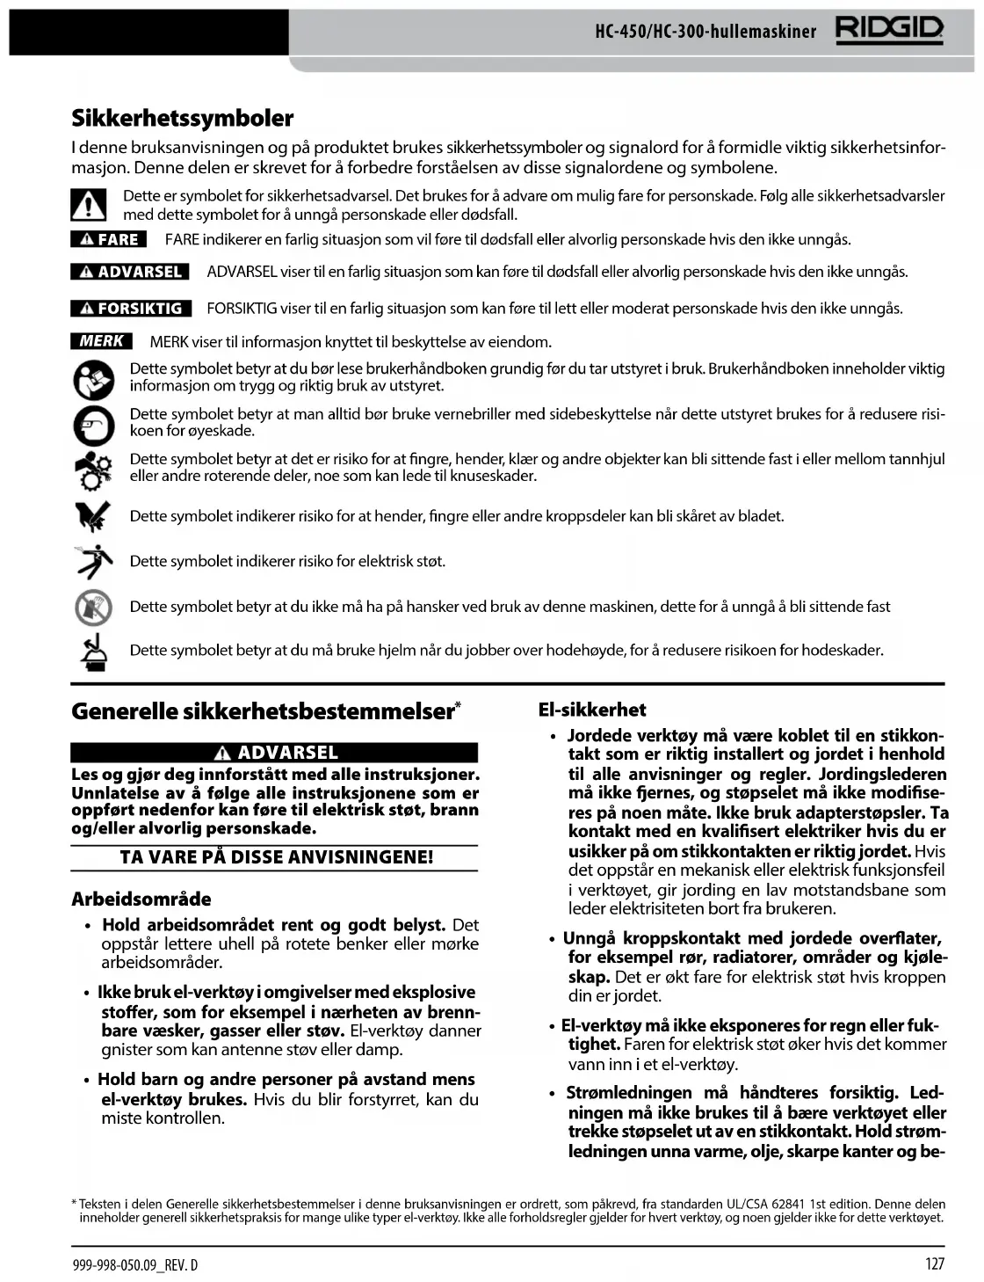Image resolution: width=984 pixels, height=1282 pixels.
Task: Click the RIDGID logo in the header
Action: click(x=889, y=31)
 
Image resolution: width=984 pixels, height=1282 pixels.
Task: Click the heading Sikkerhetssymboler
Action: click(x=183, y=119)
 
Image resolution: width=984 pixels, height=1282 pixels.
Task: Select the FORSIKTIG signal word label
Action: click(x=131, y=309)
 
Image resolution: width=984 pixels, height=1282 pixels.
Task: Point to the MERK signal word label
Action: click(x=101, y=341)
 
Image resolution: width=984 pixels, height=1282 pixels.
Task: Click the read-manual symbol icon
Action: click(x=93, y=380)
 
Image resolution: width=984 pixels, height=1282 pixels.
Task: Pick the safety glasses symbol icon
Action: click(x=93, y=426)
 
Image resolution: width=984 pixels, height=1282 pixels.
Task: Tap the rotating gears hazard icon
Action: click(x=93, y=470)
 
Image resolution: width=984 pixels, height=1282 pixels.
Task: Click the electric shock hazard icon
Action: click(x=94, y=561)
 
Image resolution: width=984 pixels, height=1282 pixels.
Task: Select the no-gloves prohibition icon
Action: click(x=93, y=607)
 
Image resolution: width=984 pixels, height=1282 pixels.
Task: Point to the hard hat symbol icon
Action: click(x=94, y=652)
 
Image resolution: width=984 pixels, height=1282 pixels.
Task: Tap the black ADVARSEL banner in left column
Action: click(x=274, y=753)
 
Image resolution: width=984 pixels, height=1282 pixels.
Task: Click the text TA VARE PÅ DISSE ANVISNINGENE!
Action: click(x=276, y=857)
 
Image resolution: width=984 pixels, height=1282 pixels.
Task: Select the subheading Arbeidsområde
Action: click(x=141, y=899)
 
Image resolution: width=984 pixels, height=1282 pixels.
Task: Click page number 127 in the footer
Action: click(x=934, y=1264)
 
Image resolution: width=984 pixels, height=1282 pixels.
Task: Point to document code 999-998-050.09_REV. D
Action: click(x=135, y=1264)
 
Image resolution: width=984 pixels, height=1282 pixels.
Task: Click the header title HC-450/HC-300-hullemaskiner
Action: click(x=705, y=33)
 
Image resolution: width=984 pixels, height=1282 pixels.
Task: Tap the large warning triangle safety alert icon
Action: click(x=88, y=205)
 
